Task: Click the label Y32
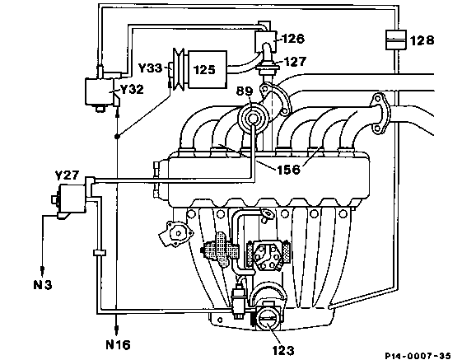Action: pos(132,89)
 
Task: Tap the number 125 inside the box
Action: pos(204,69)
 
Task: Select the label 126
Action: pos(293,39)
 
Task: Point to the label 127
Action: pos(295,61)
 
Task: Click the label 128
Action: pos(422,40)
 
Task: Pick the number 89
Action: pos(245,91)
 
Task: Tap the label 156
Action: pos(288,170)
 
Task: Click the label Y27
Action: pos(68,175)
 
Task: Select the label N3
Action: pos(43,285)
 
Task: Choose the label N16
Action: pos(118,344)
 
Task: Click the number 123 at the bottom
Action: pos(282,350)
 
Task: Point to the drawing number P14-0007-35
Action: pos(418,356)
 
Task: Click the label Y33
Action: pos(150,68)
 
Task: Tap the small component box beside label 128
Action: pos(395,40)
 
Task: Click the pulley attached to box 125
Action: pos(179,69)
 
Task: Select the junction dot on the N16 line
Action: pos(117,136)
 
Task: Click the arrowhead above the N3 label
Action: pos(43,269)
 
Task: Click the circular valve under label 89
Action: pos(253,118)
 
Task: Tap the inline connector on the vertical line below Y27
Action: pos(100,253)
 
